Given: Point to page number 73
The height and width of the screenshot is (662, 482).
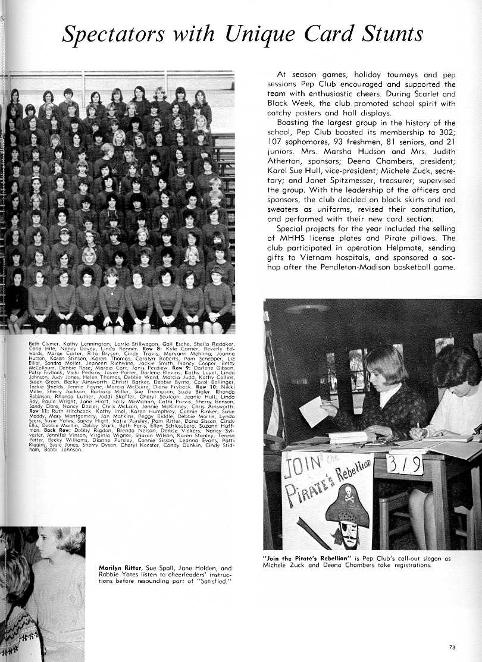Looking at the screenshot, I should point(453,647).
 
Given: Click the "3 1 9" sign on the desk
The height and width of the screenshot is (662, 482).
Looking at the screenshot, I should point(405,464).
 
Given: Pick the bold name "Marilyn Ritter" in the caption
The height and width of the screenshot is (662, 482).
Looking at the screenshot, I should point(121,568).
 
